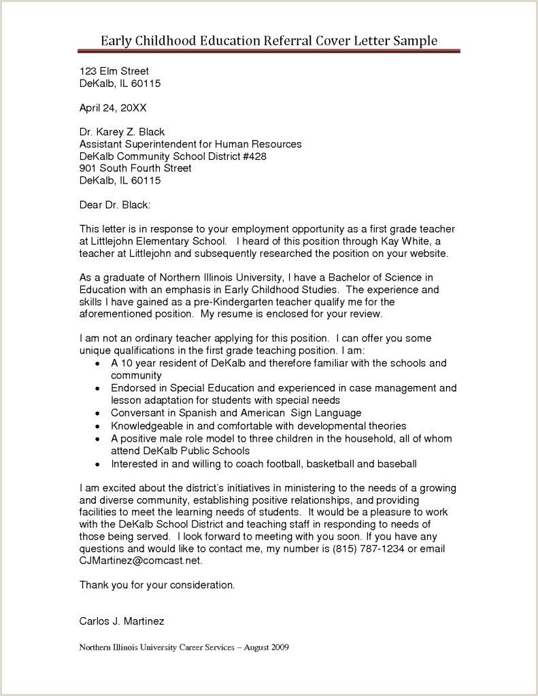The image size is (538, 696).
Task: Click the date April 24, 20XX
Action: tap(113, 107)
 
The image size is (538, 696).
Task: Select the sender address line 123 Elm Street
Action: tap(114, 71)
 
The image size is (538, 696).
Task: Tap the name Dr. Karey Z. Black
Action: tap(122, 132)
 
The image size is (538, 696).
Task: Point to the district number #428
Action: tap(251, 156)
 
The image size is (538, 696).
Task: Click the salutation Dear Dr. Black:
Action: tap(115, 205)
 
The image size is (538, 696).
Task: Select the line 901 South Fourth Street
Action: tap(135, 169)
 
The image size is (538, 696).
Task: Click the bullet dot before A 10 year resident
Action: tap(100, 364)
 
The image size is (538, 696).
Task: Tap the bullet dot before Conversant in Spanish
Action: tap(100, 413)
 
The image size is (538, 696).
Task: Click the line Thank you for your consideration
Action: tap(157, 585)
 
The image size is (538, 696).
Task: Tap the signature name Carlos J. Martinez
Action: tap(122, 621)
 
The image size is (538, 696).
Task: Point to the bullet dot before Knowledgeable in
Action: tap(100, 426)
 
